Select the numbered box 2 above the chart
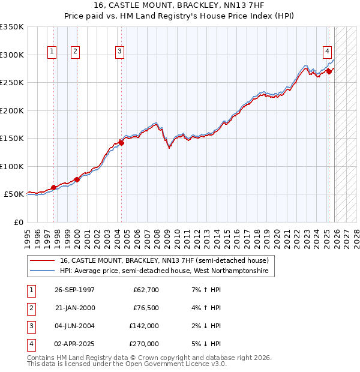click(76, 52)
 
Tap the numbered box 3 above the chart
click(120, 52)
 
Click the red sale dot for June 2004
click(121, 143)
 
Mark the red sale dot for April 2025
click(329, 71)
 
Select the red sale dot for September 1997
click(54, 187)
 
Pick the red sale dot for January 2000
click(77, 179)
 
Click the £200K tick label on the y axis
click(12, 110)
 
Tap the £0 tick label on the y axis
click(18, 222)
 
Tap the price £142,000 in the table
click(144, 326)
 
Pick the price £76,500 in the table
click(146, 308)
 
